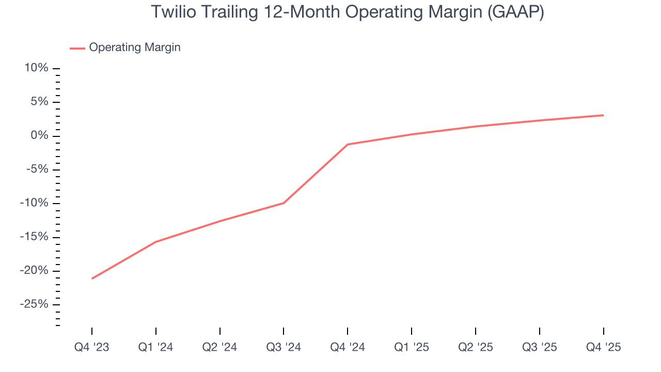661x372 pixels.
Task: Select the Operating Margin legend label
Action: (135, 48)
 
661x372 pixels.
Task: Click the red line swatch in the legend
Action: (77, 48)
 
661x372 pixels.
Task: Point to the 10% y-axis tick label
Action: (36, 68)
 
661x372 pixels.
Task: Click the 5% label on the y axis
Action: (39, 102)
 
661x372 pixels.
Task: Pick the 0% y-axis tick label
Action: (39, 136)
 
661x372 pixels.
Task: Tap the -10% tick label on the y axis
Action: (34, 203)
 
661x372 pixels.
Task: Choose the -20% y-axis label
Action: (34, 271)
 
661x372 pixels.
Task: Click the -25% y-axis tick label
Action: (34, 304)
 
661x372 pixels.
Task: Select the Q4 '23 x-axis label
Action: (92, 347)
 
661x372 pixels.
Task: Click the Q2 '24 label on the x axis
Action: (220, 347)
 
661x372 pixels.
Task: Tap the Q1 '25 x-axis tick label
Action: (412, 347)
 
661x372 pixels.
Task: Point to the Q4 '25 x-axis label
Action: (603, 347)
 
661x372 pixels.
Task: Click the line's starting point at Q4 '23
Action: (92, 278)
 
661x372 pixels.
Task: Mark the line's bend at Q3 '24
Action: (284, 203)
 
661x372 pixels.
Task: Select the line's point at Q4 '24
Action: (348, 144)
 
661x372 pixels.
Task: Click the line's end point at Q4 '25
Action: (603, 115)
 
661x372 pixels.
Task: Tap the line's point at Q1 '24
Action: (156, 242)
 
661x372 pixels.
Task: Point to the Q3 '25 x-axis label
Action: (540, 347)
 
